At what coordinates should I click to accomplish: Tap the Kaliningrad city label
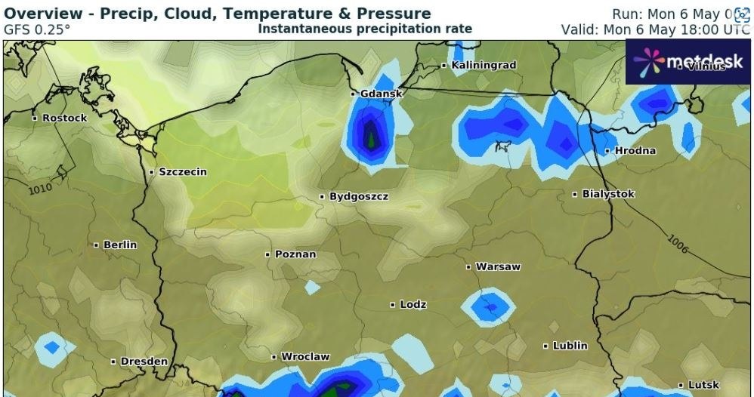tap(483, 66)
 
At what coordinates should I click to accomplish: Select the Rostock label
tap(64, 118)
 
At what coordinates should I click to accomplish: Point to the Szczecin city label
tap(182, 172)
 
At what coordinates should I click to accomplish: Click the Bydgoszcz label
tap(358, 197)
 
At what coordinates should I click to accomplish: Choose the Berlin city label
tap(119, 245)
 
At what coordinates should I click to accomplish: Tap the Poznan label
tap(295, 254)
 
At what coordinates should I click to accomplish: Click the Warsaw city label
tap(497, 266)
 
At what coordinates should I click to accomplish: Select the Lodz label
tap(413, 304)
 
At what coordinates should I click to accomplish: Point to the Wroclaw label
tap(304, 356)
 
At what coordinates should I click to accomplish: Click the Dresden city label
tap(144, 362)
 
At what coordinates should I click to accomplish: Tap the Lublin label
tap(569, 346)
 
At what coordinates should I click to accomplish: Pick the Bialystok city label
tap(607, 194)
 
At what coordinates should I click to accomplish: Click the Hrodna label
tap(635, 151)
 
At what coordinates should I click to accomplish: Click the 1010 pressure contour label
tap(41, 188)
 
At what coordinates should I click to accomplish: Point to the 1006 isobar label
tap(678, 243)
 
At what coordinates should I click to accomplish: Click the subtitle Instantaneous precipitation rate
tap(365, 29)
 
